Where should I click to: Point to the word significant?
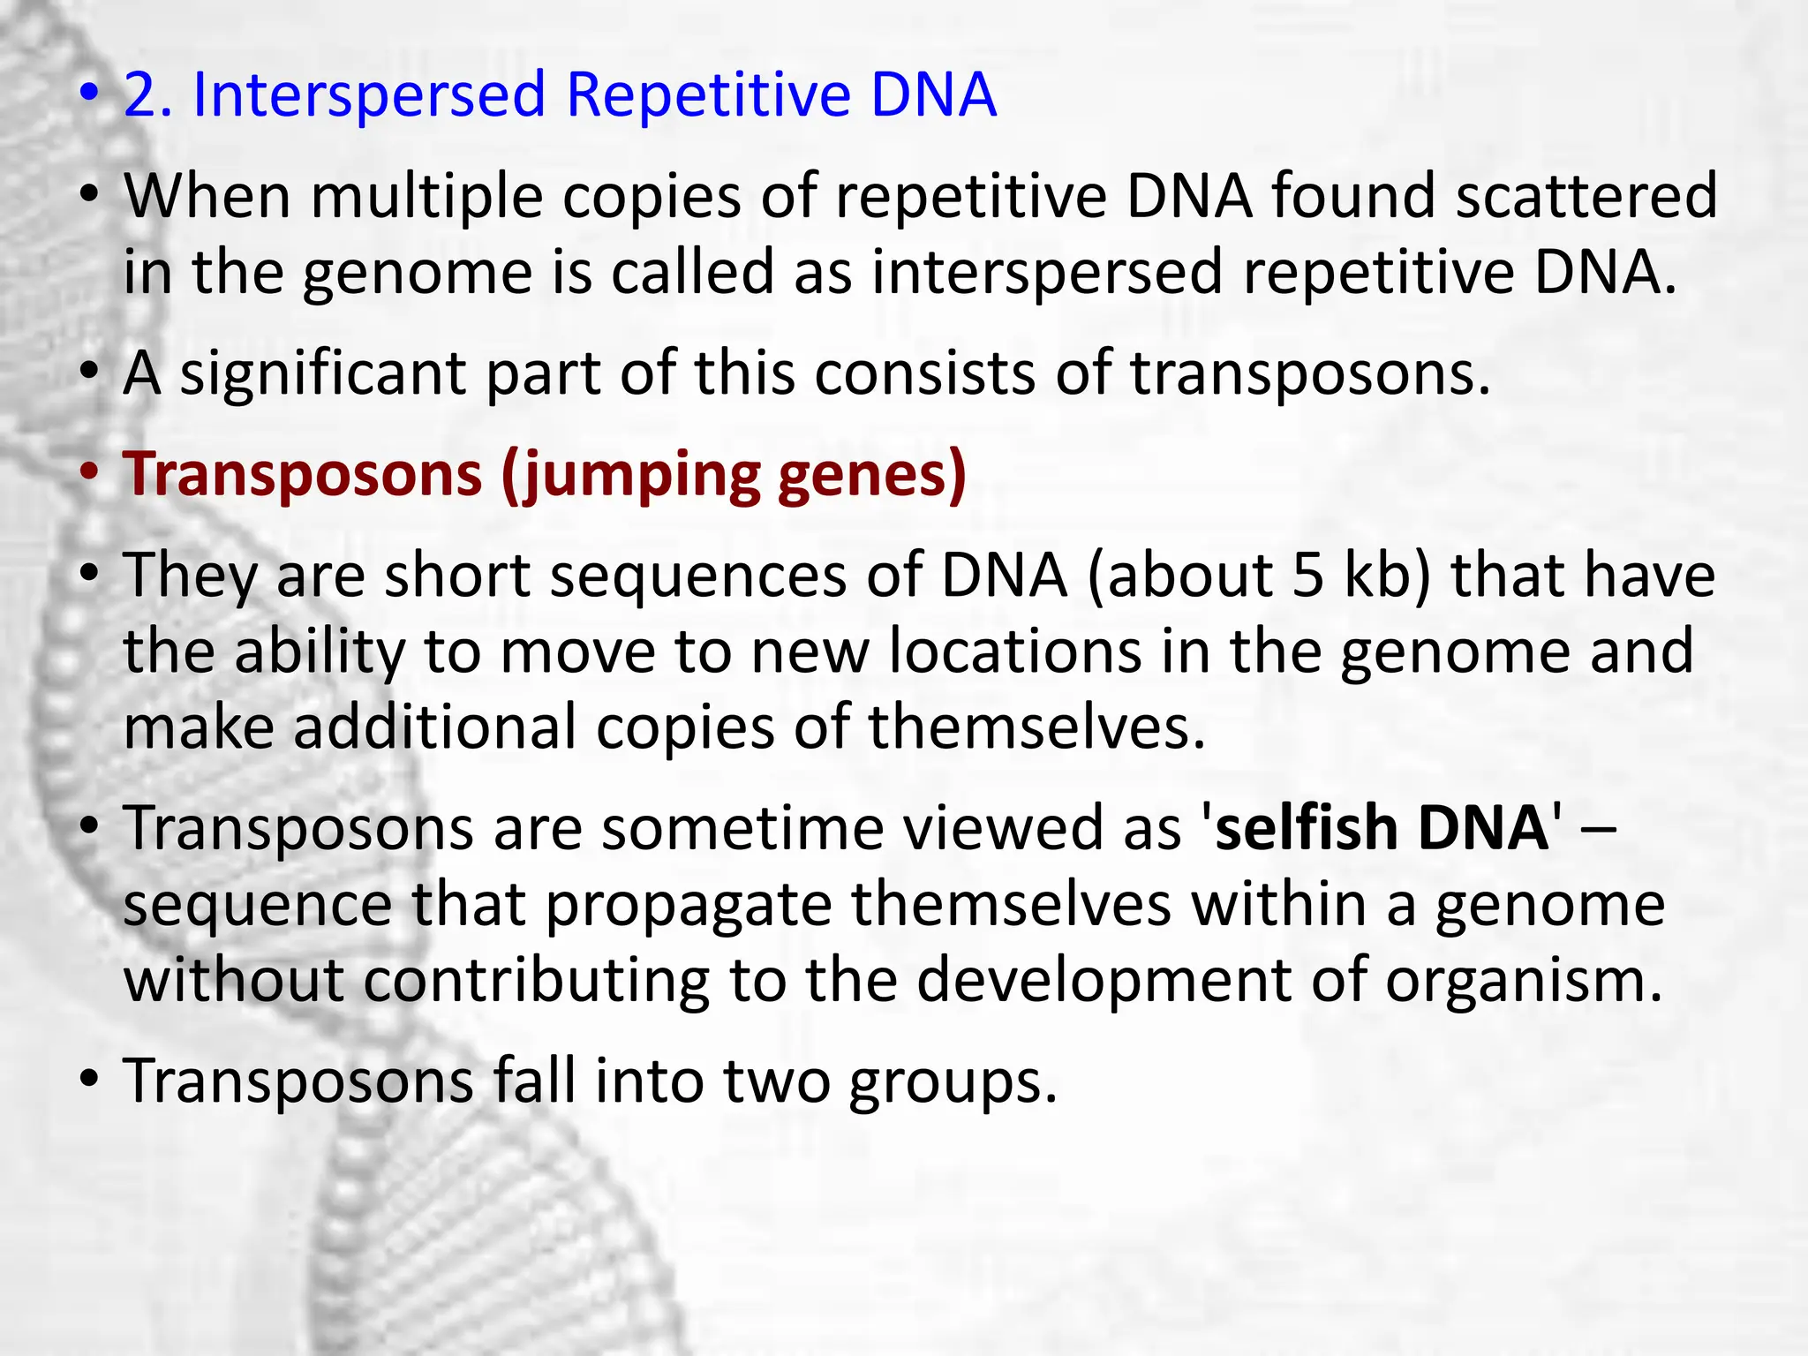(x=323, y=374)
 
